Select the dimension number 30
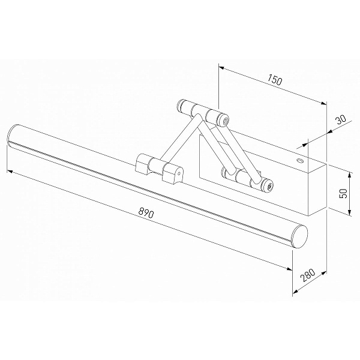(x=340, y=119)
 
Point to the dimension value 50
(x=343, y=193)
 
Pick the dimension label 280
(x=307, y=275)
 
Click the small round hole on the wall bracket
(x=299, y=160)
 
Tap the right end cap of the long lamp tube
(x=299, y=237)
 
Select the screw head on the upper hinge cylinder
(x=226, y=121)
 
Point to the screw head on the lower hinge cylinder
(x=269, y=185)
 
